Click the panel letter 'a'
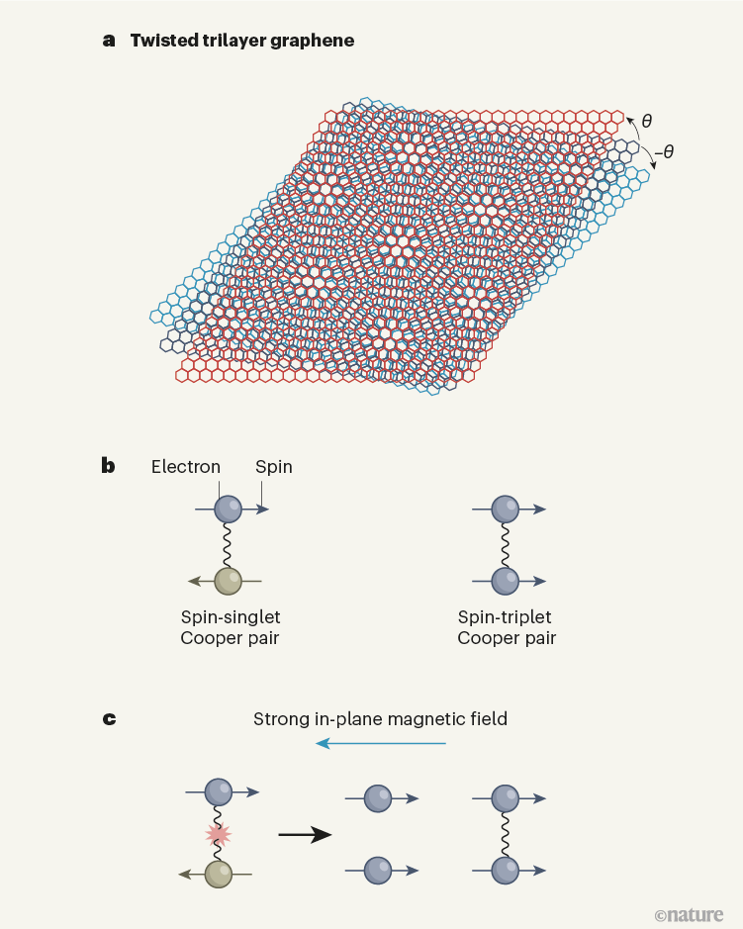click(109, 41)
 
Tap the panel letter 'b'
click(108, 466)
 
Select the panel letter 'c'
click(109, 719)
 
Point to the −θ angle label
click(664, 152)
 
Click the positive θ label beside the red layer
click(647, 121)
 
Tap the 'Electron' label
click(185, 467)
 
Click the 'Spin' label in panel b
click(274, 467)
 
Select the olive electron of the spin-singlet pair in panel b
click(229, 581)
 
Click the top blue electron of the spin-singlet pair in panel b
click(229, 509)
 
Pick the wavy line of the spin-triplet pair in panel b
click(506, 545)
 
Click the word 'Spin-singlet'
click(231, 617)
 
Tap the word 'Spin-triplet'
click(505, 617)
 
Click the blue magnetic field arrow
click(380, 743)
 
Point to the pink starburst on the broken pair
click(218, 834)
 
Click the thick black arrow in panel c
click(305, 835)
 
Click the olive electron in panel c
click(218, 874)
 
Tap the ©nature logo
click(690, 915)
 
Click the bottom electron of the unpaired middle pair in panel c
click(378, 871)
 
